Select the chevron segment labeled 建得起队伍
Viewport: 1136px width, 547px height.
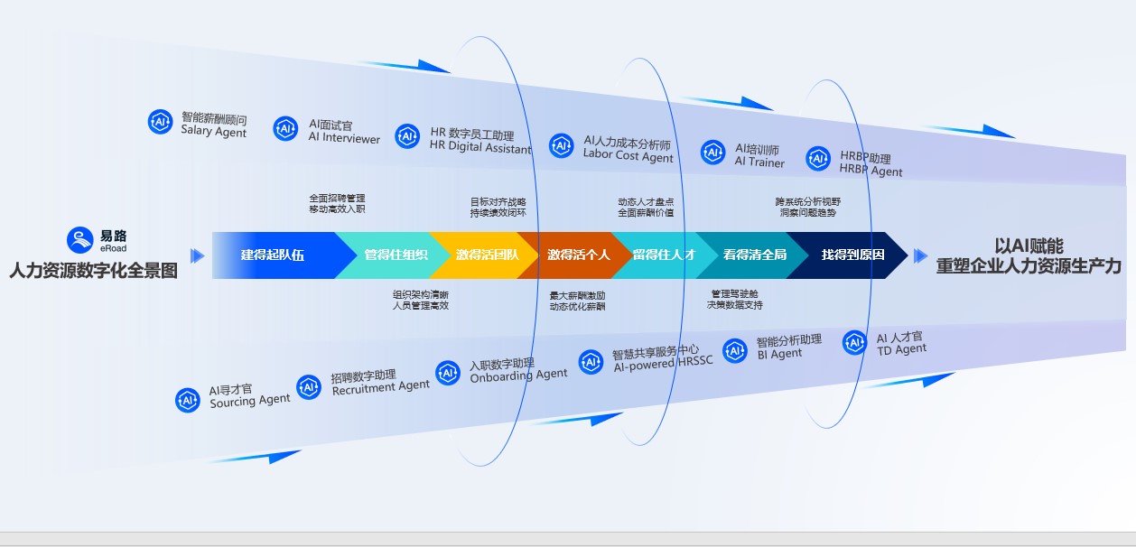pos(272,255)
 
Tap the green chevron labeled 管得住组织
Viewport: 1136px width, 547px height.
pos(395,255)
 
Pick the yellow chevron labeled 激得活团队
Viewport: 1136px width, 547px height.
pos(487,255)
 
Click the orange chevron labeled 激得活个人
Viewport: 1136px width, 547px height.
pos(578,255)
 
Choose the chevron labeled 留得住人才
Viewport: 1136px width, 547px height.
pos(664,255)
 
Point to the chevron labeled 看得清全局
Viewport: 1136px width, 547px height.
pos(754,255)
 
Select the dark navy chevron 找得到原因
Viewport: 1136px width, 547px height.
pos(852,255)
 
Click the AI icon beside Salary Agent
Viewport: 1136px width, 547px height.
pos(161,122)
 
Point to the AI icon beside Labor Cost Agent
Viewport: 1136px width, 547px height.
pos(563,145)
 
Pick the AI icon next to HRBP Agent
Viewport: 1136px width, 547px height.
pos(818,159)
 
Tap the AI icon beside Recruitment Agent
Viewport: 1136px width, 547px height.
pos(309,387)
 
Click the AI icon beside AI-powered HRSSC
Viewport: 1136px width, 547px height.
pos(591,362)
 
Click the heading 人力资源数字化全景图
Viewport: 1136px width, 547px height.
pos(94,270)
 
